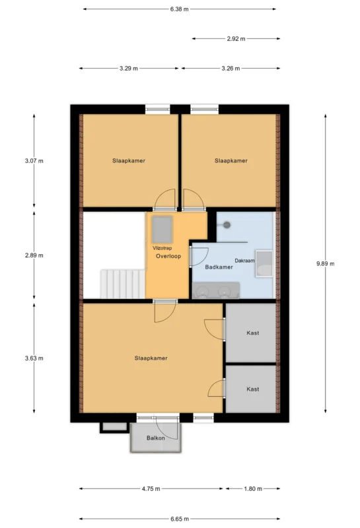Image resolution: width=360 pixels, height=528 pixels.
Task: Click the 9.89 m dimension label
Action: [325, 263]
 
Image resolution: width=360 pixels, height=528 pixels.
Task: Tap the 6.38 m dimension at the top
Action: [179, 9]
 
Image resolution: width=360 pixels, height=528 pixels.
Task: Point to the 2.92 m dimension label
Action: [236, 39]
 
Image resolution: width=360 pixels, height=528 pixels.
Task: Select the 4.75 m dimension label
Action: [151, 488]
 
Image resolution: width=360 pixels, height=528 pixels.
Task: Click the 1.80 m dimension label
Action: [253, 488]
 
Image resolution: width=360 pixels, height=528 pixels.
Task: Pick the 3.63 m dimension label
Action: [34, 358]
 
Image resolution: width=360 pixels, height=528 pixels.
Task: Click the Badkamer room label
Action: [219, 267]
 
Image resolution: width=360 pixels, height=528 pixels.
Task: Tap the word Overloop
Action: [168, 256]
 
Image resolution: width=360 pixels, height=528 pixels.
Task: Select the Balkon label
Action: [156, 438]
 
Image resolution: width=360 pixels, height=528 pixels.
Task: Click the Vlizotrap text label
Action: [162, 248]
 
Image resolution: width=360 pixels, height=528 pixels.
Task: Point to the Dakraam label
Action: [244, 261]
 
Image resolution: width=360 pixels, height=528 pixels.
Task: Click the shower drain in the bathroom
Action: [227, 224]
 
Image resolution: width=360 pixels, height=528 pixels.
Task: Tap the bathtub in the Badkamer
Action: [264, 263]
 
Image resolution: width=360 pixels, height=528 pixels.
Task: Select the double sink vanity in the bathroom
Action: [216, 290]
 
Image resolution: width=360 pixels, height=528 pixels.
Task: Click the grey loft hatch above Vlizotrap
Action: [162, 229]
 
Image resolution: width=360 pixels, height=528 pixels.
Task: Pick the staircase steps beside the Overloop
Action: [123, 284]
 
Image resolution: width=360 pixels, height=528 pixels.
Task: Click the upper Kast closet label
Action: [253, 333]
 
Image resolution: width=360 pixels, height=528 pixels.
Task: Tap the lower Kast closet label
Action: [253, 389]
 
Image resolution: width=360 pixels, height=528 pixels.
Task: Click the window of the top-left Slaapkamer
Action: [158, 110]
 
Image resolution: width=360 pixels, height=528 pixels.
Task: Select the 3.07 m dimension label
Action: [34, 161]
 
